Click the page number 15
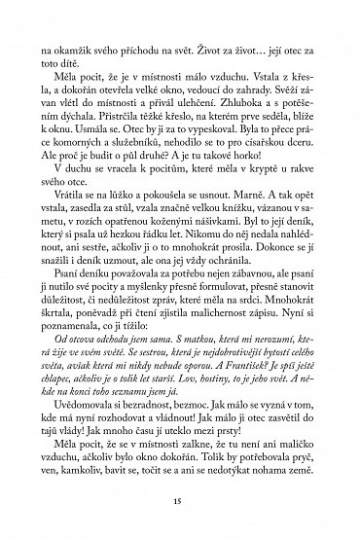click(x=180, y=500)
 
